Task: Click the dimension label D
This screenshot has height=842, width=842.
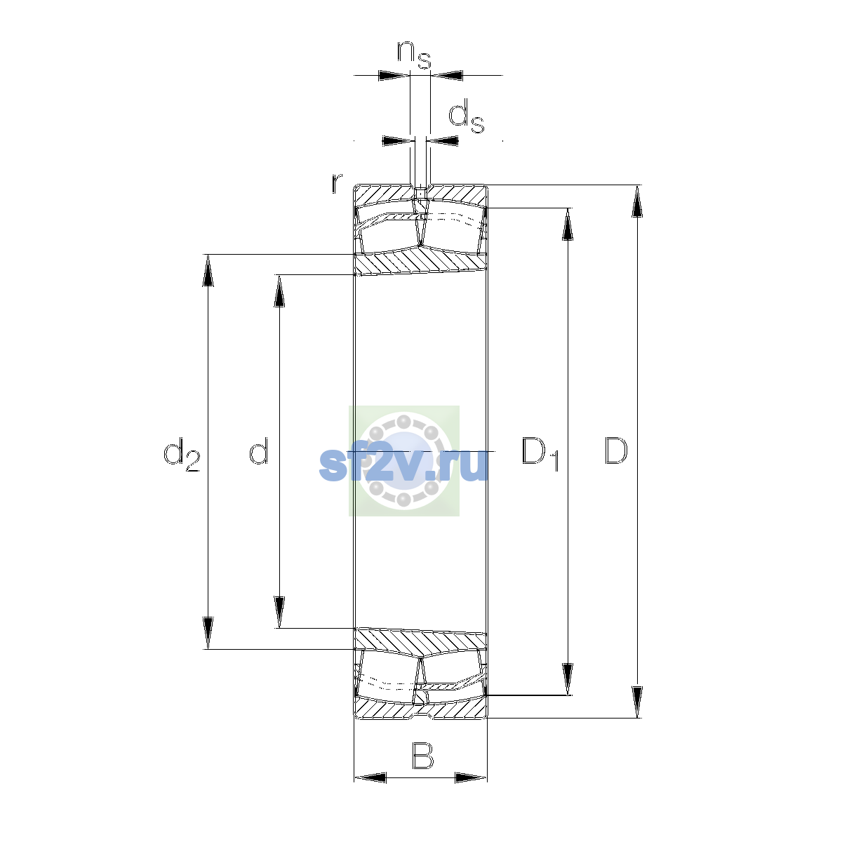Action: pos(615,450)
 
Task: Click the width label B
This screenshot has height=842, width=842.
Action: pos(422,756)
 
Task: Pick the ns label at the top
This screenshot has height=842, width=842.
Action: pos(414,55)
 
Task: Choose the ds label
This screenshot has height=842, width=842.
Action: pos(466,116)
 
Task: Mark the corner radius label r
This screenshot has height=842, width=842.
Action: pos(336,183)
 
